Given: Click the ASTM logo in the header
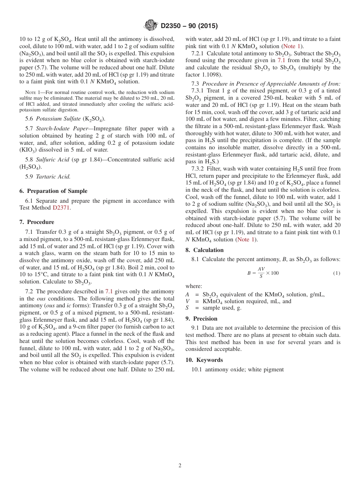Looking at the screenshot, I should pyautogui.click(x=150, y=26).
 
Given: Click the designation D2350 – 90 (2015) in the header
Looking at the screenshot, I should pyautogui.click(x=189, y=26).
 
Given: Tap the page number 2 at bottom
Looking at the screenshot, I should pyautogui.click(x=180, y=466).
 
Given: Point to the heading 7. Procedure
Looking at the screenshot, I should pyautogui.click(x=37, y=222).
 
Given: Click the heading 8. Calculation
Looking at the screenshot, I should pyautogui.click(x=205, y=250).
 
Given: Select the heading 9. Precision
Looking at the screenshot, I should pyautogui.click(x=201, y=319).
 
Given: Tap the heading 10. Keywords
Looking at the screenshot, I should pyautogui.click(x=204, y=360).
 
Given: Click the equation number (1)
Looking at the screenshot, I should pyautogui.click(x=337, y=273).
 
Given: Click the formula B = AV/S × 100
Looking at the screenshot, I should pyautogui.click(x=263, y=273).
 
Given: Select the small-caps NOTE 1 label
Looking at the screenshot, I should pyautogui.click(x=33, y=92).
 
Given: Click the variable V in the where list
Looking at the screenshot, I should pyautogui.click(x=187, y=301).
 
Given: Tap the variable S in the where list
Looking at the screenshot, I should pyautogui.click(x=187, y=308).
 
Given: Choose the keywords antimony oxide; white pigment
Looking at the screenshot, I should pyautogui.click(x=244, y=369).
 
